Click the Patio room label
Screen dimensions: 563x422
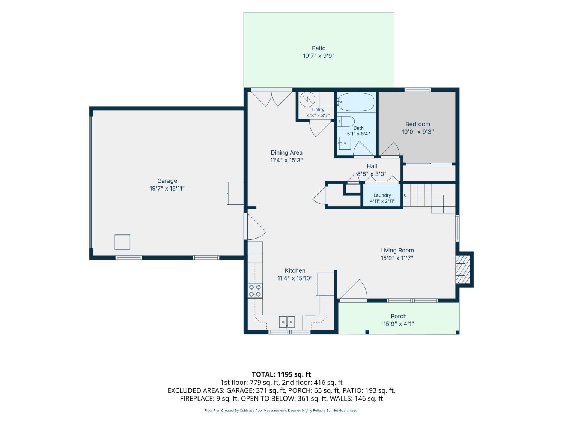[x=319, y=48]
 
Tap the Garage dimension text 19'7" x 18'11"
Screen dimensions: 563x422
[x=167, y=188]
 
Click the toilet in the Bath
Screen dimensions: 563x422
[x=346, y=121]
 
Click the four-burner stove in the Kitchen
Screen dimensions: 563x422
[x=255, y=291]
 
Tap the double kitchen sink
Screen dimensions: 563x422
[x=287, y=322]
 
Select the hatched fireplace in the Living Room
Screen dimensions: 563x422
[x=462, y=269]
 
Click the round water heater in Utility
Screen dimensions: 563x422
[x=307, y=99]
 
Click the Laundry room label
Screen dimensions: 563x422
[x=382, y=195]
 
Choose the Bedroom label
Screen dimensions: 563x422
[x=418, y=124]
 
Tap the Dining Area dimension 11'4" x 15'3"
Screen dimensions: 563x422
[x=286, y=161]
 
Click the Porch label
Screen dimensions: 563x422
[x=399, y=317]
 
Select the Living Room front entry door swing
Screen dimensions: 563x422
[x=354, y=289]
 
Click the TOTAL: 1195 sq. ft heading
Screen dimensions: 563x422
[x=281, y=375]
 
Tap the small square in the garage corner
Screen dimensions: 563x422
[x=122, y=242]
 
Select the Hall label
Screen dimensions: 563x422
[x=372, y=166]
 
